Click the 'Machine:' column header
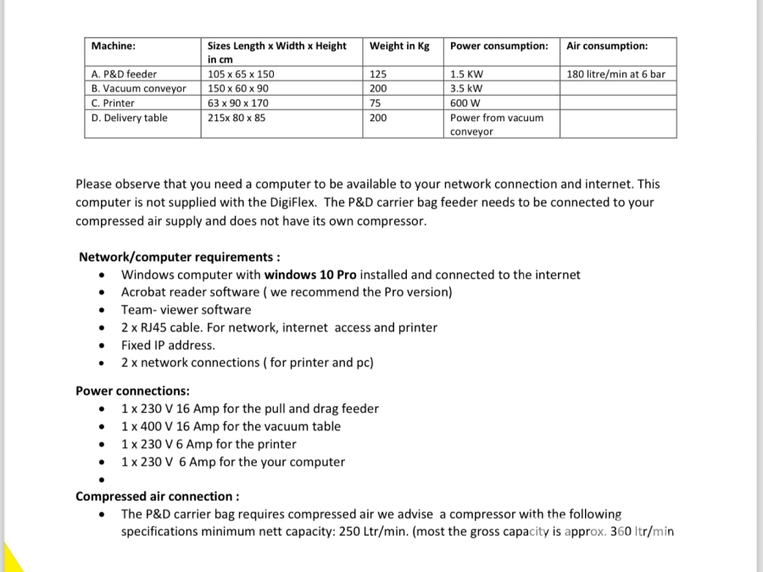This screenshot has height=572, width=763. (114, 46)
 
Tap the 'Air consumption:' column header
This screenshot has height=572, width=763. (607, 46)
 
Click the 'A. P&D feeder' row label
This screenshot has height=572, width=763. (124, 75)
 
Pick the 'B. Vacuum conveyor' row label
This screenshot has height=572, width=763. (139, 88)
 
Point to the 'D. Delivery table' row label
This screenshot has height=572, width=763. (130, 118)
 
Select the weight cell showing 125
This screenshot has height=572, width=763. (378, 75)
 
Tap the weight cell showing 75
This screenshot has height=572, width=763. (376, 103)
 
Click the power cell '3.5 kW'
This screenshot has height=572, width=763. (467, 88)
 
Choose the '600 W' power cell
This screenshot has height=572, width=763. (467, 103)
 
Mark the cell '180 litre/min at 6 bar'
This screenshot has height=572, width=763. (615, 75)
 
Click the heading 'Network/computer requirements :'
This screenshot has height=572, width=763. (180, 257)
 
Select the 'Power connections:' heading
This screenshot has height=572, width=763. (132, 391)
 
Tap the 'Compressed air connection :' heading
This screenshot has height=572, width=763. (158, 497)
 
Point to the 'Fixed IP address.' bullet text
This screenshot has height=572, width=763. (168, 345)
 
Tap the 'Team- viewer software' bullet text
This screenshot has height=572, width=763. (186, 310)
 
